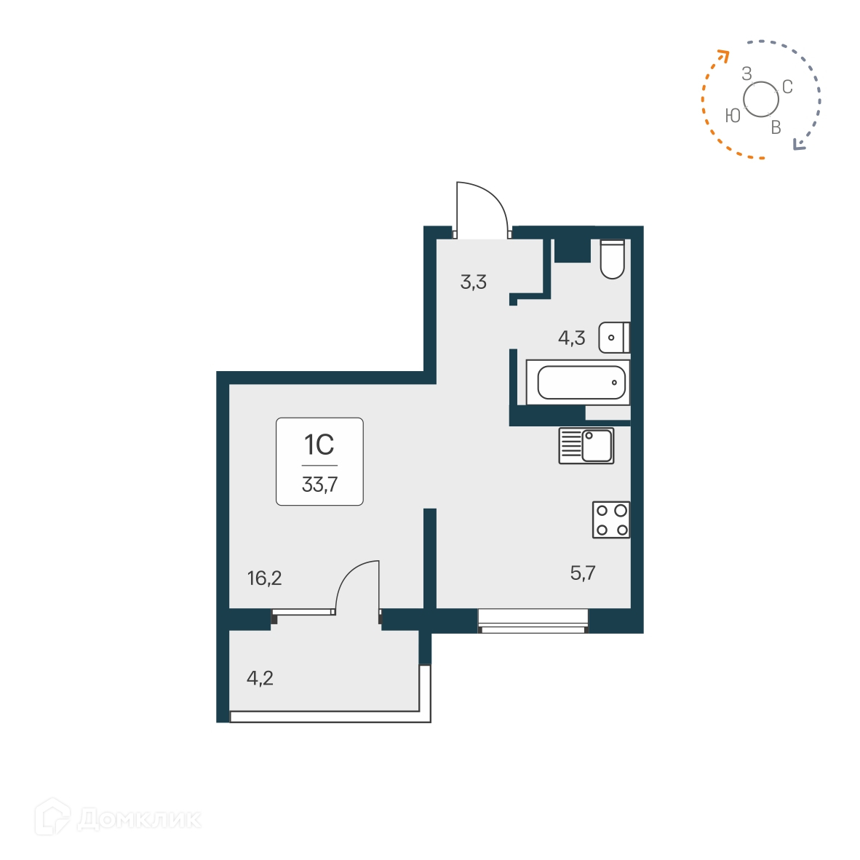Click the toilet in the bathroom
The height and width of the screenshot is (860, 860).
613,260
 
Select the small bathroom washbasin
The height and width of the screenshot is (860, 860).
613,338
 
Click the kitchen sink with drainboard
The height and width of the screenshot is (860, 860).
586,445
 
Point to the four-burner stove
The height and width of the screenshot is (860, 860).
611,519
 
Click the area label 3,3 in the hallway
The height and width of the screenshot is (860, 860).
473,282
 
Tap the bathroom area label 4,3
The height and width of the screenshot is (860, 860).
571,338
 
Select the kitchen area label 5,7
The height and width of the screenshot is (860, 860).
583,573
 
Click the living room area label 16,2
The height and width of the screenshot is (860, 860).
264,578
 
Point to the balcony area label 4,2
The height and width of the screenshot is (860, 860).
260,679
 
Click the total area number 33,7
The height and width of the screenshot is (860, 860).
319,485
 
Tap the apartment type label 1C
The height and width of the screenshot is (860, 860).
319,444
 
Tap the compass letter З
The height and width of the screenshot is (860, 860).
746,73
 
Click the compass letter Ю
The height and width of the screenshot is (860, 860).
733,116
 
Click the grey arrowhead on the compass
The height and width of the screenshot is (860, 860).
800,145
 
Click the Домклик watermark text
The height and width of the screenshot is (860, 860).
138,820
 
